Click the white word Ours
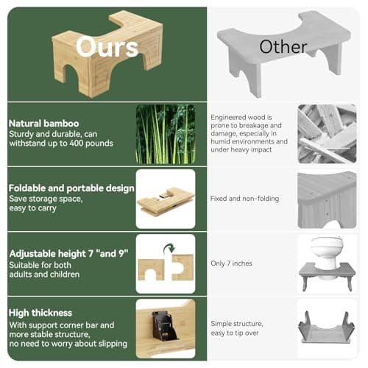[x=107, y=47]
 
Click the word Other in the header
[x=283, y=47]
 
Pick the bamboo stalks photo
[x=166, y=133]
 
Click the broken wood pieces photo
[x=327, y=134]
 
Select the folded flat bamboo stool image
[x=166, y=200]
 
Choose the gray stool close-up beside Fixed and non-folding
[x=327, y=199]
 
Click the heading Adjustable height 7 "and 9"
[x=68, y=253]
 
